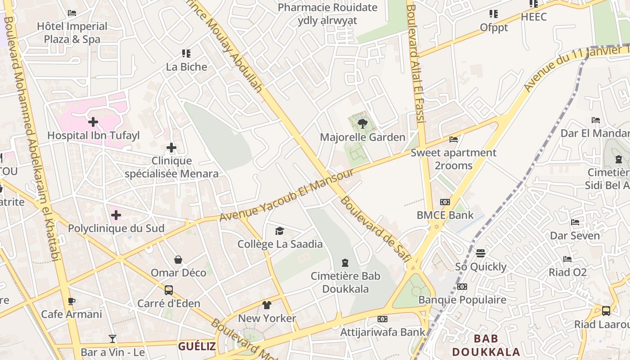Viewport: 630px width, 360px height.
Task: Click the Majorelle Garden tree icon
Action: pyautogui.click(x=362, y=124)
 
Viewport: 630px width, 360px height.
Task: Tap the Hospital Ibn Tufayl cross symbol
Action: pyautogui.click(x=93, y=122)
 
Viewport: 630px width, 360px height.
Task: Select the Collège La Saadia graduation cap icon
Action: pyautogui.click(x=280, y=231)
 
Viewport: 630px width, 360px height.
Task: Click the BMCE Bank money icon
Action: pyautogui.click(x=445, y=202)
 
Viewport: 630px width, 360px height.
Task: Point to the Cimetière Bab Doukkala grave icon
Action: pyautogui.click(x=345, y=263)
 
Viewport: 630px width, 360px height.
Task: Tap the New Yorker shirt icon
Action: pyautogui.click(x=267, y=305)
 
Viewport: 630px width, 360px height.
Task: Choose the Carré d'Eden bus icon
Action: pyautogui.click(x=169, y=290)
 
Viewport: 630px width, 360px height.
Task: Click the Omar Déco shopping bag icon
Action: pyautogui.click(x=178, y=260)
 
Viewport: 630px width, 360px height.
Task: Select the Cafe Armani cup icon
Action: pyautogui.click(x=71, y=301)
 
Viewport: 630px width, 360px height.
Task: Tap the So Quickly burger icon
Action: pyautogui.click(x=481, y=253)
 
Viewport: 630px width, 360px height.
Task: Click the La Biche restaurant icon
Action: pyautogui.click(x=186, y=54)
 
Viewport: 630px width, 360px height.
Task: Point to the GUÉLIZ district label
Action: pyautogui.click(x=197, y=346)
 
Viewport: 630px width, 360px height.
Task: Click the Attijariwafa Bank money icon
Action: pyautogui.click(x=382, y=319)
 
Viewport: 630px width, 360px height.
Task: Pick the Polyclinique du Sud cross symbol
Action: pyautogui.click(x=116, y=215)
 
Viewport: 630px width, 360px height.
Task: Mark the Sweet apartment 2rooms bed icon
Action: pyautogui.click(x=454, y=139)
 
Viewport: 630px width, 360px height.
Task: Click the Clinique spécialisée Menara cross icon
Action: pyautogui.click(x=171, y=148)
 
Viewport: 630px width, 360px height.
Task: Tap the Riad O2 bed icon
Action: pyautogui.click(x=567, y=259)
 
